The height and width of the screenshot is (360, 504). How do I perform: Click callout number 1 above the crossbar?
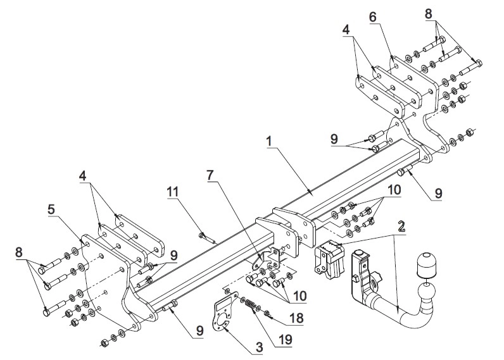[x=269, y=140]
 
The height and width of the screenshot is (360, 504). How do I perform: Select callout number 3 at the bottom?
[x=259, y=347]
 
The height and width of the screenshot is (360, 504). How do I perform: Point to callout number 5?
[x=51, y=209]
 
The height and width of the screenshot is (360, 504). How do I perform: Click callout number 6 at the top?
[x=372, y=17]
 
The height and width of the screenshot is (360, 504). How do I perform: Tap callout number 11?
[x=173, y=192]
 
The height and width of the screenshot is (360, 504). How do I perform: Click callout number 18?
[x=296, y=318]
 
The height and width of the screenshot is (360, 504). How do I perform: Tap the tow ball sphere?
[x=427, y=293]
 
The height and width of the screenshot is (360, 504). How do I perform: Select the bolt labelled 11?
[x=207, y=239]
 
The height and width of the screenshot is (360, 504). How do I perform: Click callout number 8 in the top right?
[x=429, y=14]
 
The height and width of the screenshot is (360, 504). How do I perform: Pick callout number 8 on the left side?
[x=19, y=252]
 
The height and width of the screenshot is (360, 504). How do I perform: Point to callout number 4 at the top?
[x=346, y=30]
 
